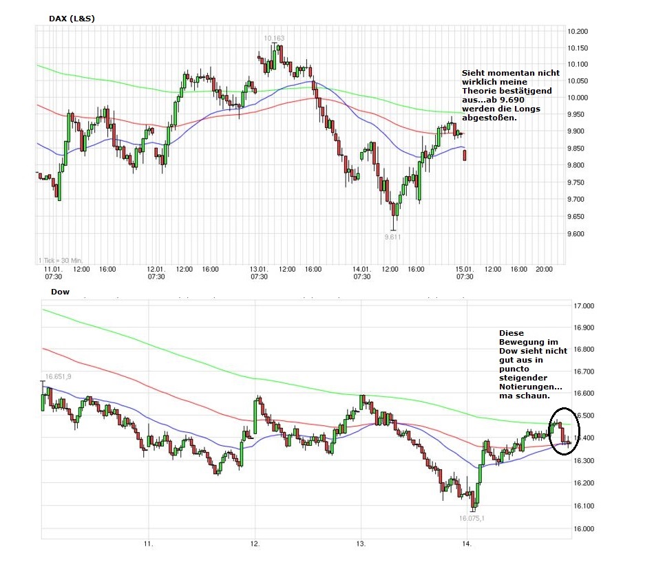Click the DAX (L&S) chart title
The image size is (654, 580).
(x=72, y=19)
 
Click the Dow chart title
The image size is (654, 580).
(x=60, y=292)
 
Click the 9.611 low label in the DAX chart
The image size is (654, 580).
(x=392, y=237)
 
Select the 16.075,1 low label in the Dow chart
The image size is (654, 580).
(x=472, y=518)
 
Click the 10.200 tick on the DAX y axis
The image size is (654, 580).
(x=577, y=32)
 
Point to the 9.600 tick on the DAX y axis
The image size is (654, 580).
(x=576, y=234)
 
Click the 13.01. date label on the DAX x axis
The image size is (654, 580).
(x=259, y=269)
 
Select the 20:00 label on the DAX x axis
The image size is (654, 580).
(x=545, y=269)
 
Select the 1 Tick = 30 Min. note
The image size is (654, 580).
(x=60, y=259)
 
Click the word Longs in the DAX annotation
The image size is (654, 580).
(x=527, y=109)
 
